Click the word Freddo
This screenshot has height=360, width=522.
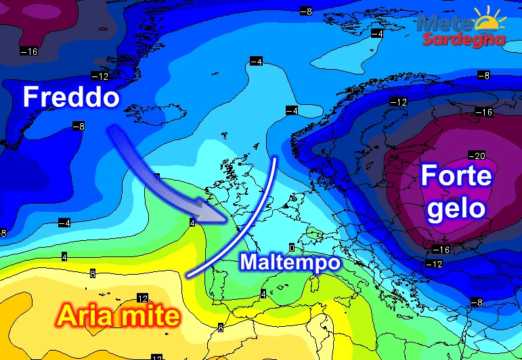point(71,98)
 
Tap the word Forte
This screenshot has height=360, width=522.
point(454,177)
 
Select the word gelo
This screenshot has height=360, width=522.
point(454,207)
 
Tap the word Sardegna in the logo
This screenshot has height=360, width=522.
point(464,39)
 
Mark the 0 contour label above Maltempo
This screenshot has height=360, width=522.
point(292,248)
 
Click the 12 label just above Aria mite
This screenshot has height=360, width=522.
point(142,298)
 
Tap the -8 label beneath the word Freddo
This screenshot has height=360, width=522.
point(79,127)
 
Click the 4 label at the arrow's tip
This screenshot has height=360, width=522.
point(193,223)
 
